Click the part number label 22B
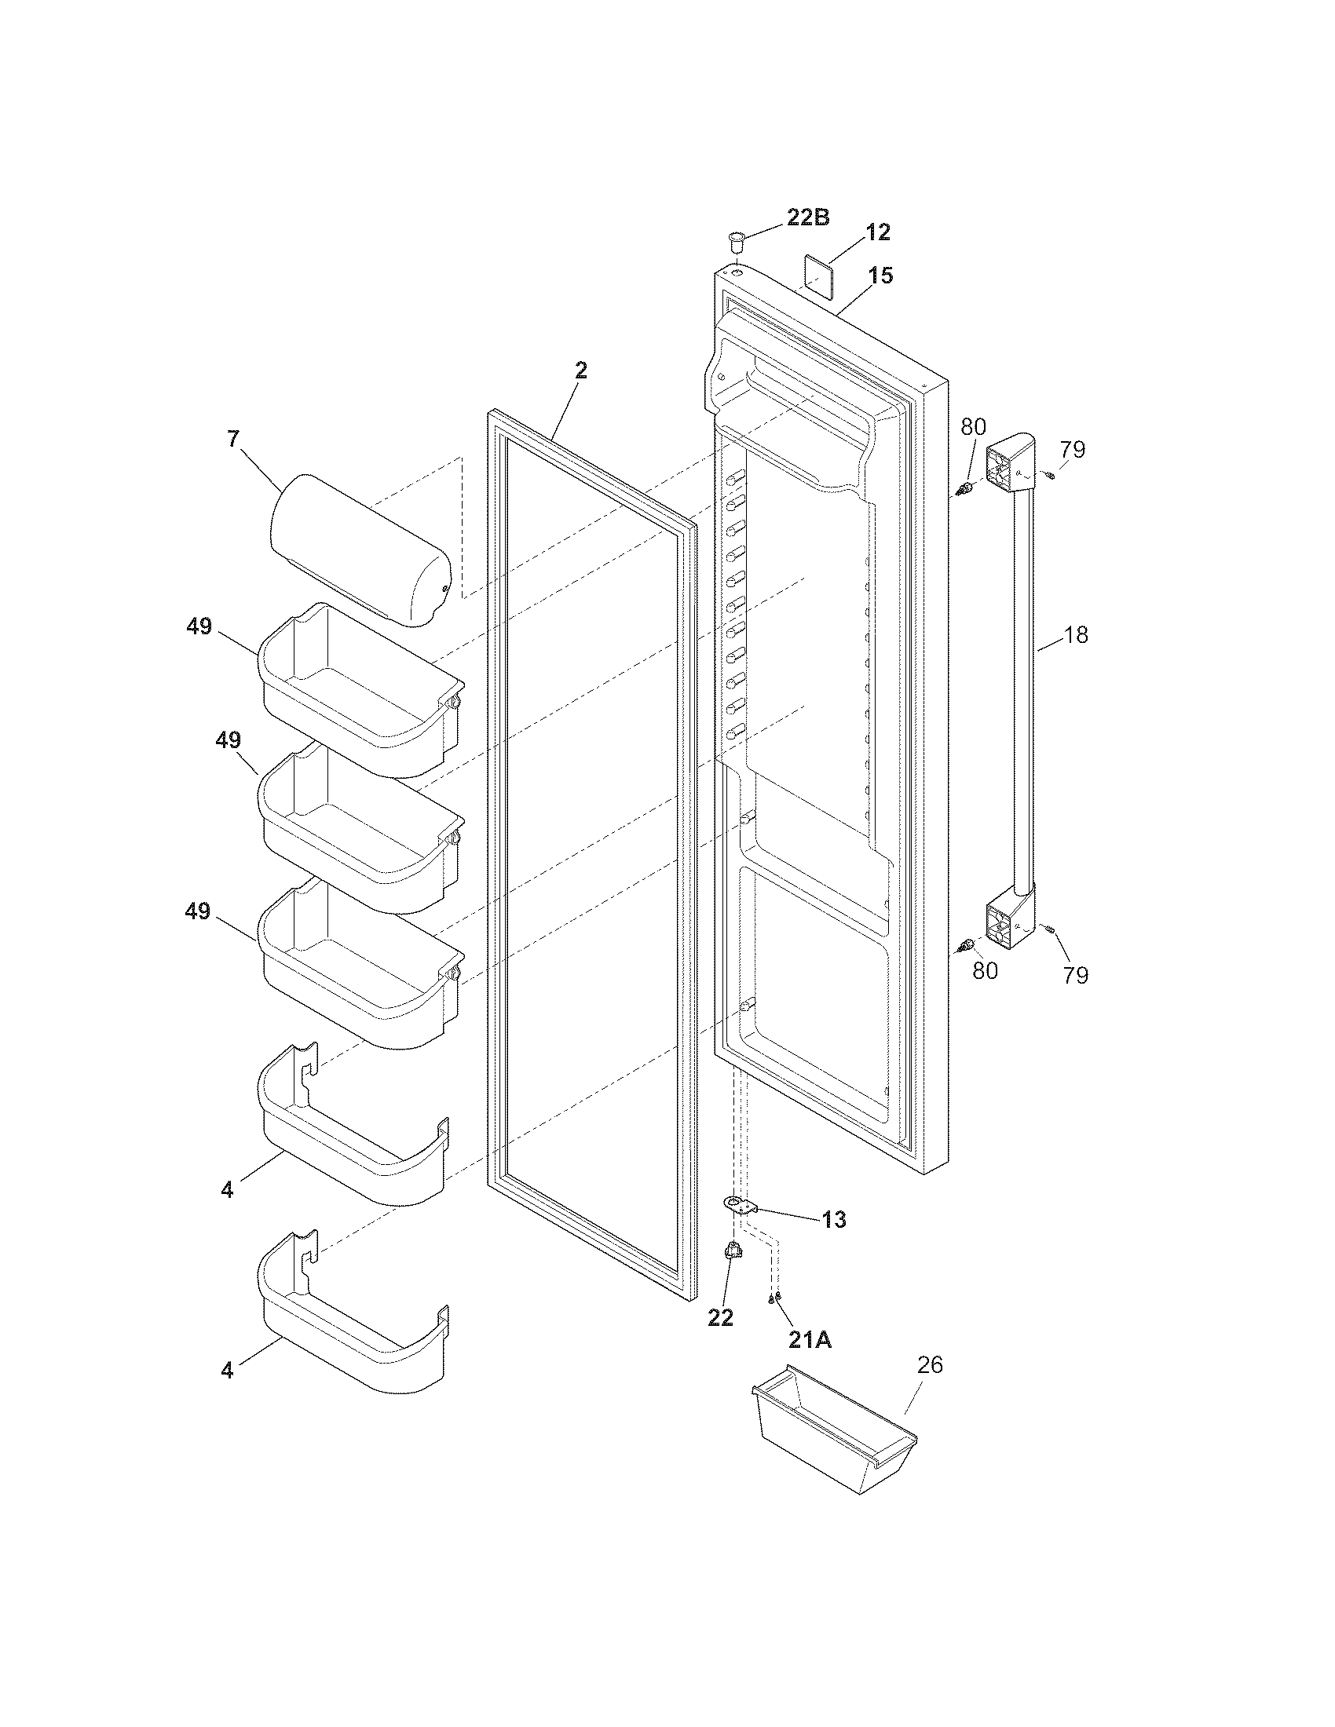click(x=807, y=218)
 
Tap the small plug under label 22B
click(x=737, y=238)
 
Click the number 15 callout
click(x=880, y=276)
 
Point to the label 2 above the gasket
click(x=580, y=371)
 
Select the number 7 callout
click(x=232, y=440)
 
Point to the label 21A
click(x=809, y=1339)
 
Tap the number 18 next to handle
click(x=1076, y=635)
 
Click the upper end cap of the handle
click(x=1010, y=462)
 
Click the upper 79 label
click(x=1073, y=450)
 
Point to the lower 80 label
click(x=985, y=970)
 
